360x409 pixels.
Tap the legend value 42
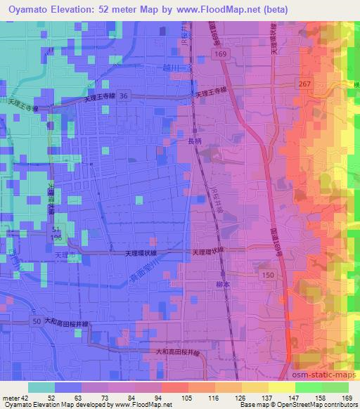[x=25, y=398]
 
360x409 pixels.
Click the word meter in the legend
[x=10, y=398]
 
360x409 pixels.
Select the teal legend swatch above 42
[x=42, y=388]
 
